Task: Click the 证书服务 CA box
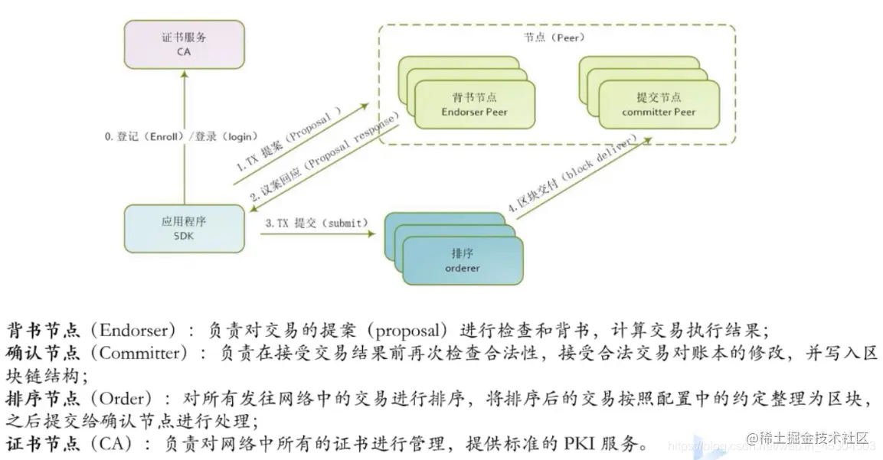(x=185, y=44)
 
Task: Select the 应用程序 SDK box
(x=185, y=229)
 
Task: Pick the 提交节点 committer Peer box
(x=659, y=105)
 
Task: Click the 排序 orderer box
(x=462, y=261)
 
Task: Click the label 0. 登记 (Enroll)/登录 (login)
(x=180, y=136)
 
